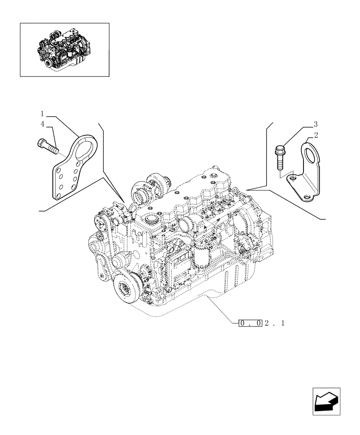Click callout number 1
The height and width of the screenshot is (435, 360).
pos(43,114)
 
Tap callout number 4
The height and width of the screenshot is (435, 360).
pos(43,124)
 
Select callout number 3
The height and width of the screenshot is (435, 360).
pos(316,124)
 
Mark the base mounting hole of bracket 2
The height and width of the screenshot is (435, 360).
pos(308,198)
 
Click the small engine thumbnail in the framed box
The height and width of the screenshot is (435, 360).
pos(64,49)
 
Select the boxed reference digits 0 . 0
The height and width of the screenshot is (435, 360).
pos(250,323)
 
